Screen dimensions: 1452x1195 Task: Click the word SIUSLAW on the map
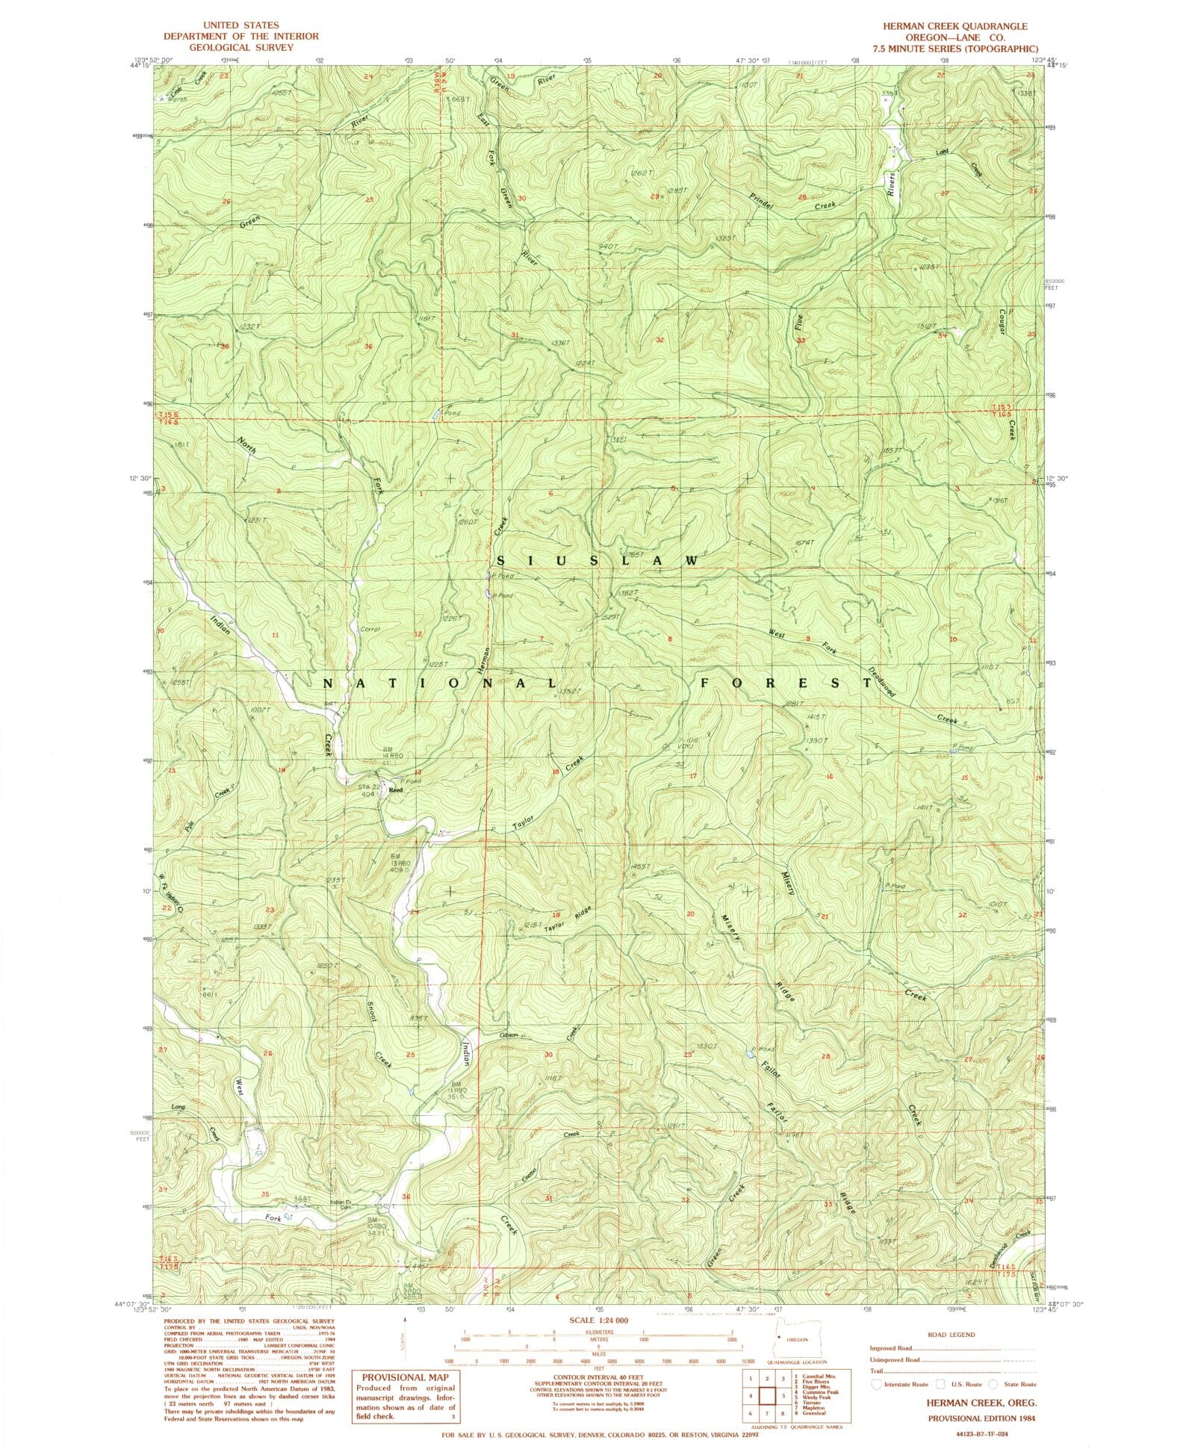pos(597,560)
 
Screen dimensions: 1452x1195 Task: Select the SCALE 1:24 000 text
pos(597,1320)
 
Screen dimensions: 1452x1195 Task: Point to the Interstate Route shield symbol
pos(876,1384)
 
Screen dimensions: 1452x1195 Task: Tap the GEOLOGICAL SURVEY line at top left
pos(240,46)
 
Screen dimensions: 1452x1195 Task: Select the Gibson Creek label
pos(539,1035)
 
